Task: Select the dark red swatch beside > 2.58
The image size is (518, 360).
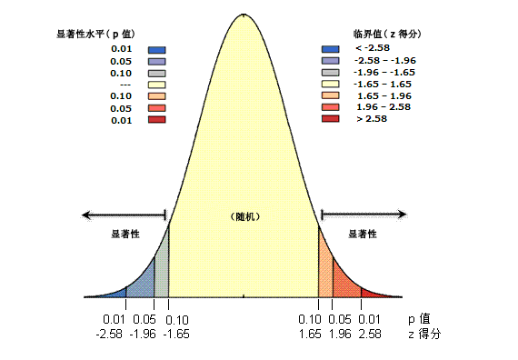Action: coord(330,119)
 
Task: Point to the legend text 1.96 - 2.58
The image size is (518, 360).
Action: coord(384,107)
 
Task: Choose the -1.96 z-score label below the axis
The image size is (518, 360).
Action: coord(144,335)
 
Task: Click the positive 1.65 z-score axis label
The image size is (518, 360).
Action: coord(310,335)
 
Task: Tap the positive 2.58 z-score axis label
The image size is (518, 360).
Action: coord(369,335)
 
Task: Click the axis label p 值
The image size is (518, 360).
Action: coord(419,319)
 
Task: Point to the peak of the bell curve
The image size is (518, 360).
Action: coord(244,15)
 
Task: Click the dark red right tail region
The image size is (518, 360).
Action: coord(374,294)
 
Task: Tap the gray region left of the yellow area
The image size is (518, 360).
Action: coord(162,277)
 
